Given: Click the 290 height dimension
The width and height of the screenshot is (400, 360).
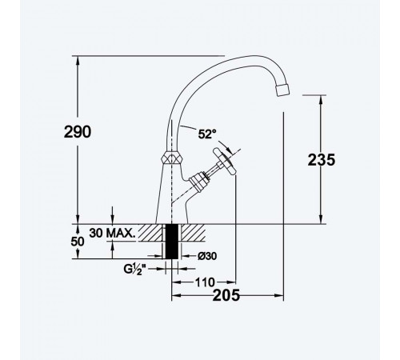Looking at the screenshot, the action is [x=78, y=132].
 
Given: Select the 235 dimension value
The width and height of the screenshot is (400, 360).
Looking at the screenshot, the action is [x=322, y=160].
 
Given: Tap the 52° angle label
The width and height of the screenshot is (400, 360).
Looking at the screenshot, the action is [x=207, y=134].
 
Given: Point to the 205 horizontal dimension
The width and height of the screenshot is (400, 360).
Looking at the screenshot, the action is [x=226, y=295].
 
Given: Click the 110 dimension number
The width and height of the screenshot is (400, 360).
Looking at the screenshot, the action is [x=205, y=282].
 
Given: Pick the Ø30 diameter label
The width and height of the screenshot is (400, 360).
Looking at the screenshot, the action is [x=207, y=256].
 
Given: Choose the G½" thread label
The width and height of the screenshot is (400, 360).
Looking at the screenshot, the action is [x=136, y=269].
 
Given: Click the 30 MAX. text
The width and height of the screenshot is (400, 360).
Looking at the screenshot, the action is [x=112, y=233].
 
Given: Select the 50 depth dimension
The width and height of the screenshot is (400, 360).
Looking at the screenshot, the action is [x=78, y=242].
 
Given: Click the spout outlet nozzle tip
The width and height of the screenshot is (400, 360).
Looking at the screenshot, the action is [x=282, y=90].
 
